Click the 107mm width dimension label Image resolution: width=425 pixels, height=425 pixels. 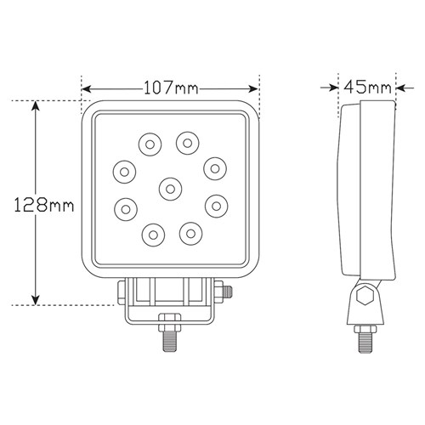171,88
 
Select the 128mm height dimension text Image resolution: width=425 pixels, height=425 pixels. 44,205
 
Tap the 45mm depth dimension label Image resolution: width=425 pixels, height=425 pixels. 367,87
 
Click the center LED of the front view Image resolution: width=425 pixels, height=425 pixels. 170,189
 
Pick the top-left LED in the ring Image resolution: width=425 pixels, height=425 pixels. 150,144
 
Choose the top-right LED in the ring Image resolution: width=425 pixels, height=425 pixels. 187,143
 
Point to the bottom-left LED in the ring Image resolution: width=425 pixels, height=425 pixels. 153,235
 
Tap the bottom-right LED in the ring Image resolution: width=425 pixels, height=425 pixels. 190,234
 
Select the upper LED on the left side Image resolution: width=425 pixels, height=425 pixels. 124,172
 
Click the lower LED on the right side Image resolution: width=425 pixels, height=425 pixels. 216,206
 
